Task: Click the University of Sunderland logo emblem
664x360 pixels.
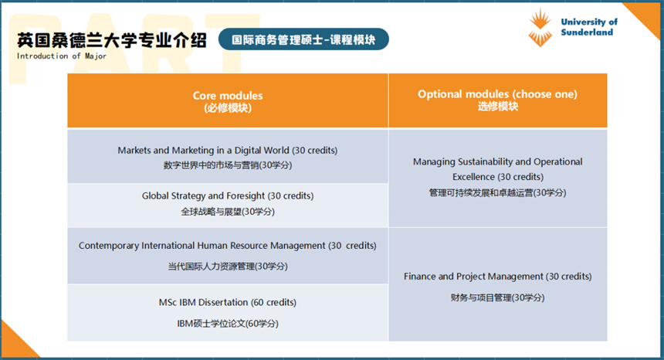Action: (540, 27)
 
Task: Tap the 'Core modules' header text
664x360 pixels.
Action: (228, 96)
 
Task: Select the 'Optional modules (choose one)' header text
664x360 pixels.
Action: (497, 94)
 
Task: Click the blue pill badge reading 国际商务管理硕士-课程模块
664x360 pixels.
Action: (303, 39)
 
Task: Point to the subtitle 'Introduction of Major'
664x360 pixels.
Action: (62, 56)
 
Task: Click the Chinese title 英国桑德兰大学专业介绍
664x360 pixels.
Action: (112, 40)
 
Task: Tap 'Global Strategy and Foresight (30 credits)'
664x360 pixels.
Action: (228, 195)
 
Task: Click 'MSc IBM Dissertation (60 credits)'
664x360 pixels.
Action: (228, 302)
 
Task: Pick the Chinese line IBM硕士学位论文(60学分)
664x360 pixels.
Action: (228, 324)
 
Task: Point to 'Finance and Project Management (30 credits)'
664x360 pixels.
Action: (497, 277)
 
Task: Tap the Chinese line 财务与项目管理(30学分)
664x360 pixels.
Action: (497, 297)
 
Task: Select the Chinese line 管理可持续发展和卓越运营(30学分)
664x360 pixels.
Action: (497, 192)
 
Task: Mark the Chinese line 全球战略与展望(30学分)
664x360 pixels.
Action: (228, 212)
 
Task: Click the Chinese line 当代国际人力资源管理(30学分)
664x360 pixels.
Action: (228, 267)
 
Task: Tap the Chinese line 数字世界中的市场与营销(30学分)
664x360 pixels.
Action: (228, 165)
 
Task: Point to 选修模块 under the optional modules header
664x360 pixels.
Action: (498, 107)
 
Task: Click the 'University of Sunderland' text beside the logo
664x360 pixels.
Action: (589, 27)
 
